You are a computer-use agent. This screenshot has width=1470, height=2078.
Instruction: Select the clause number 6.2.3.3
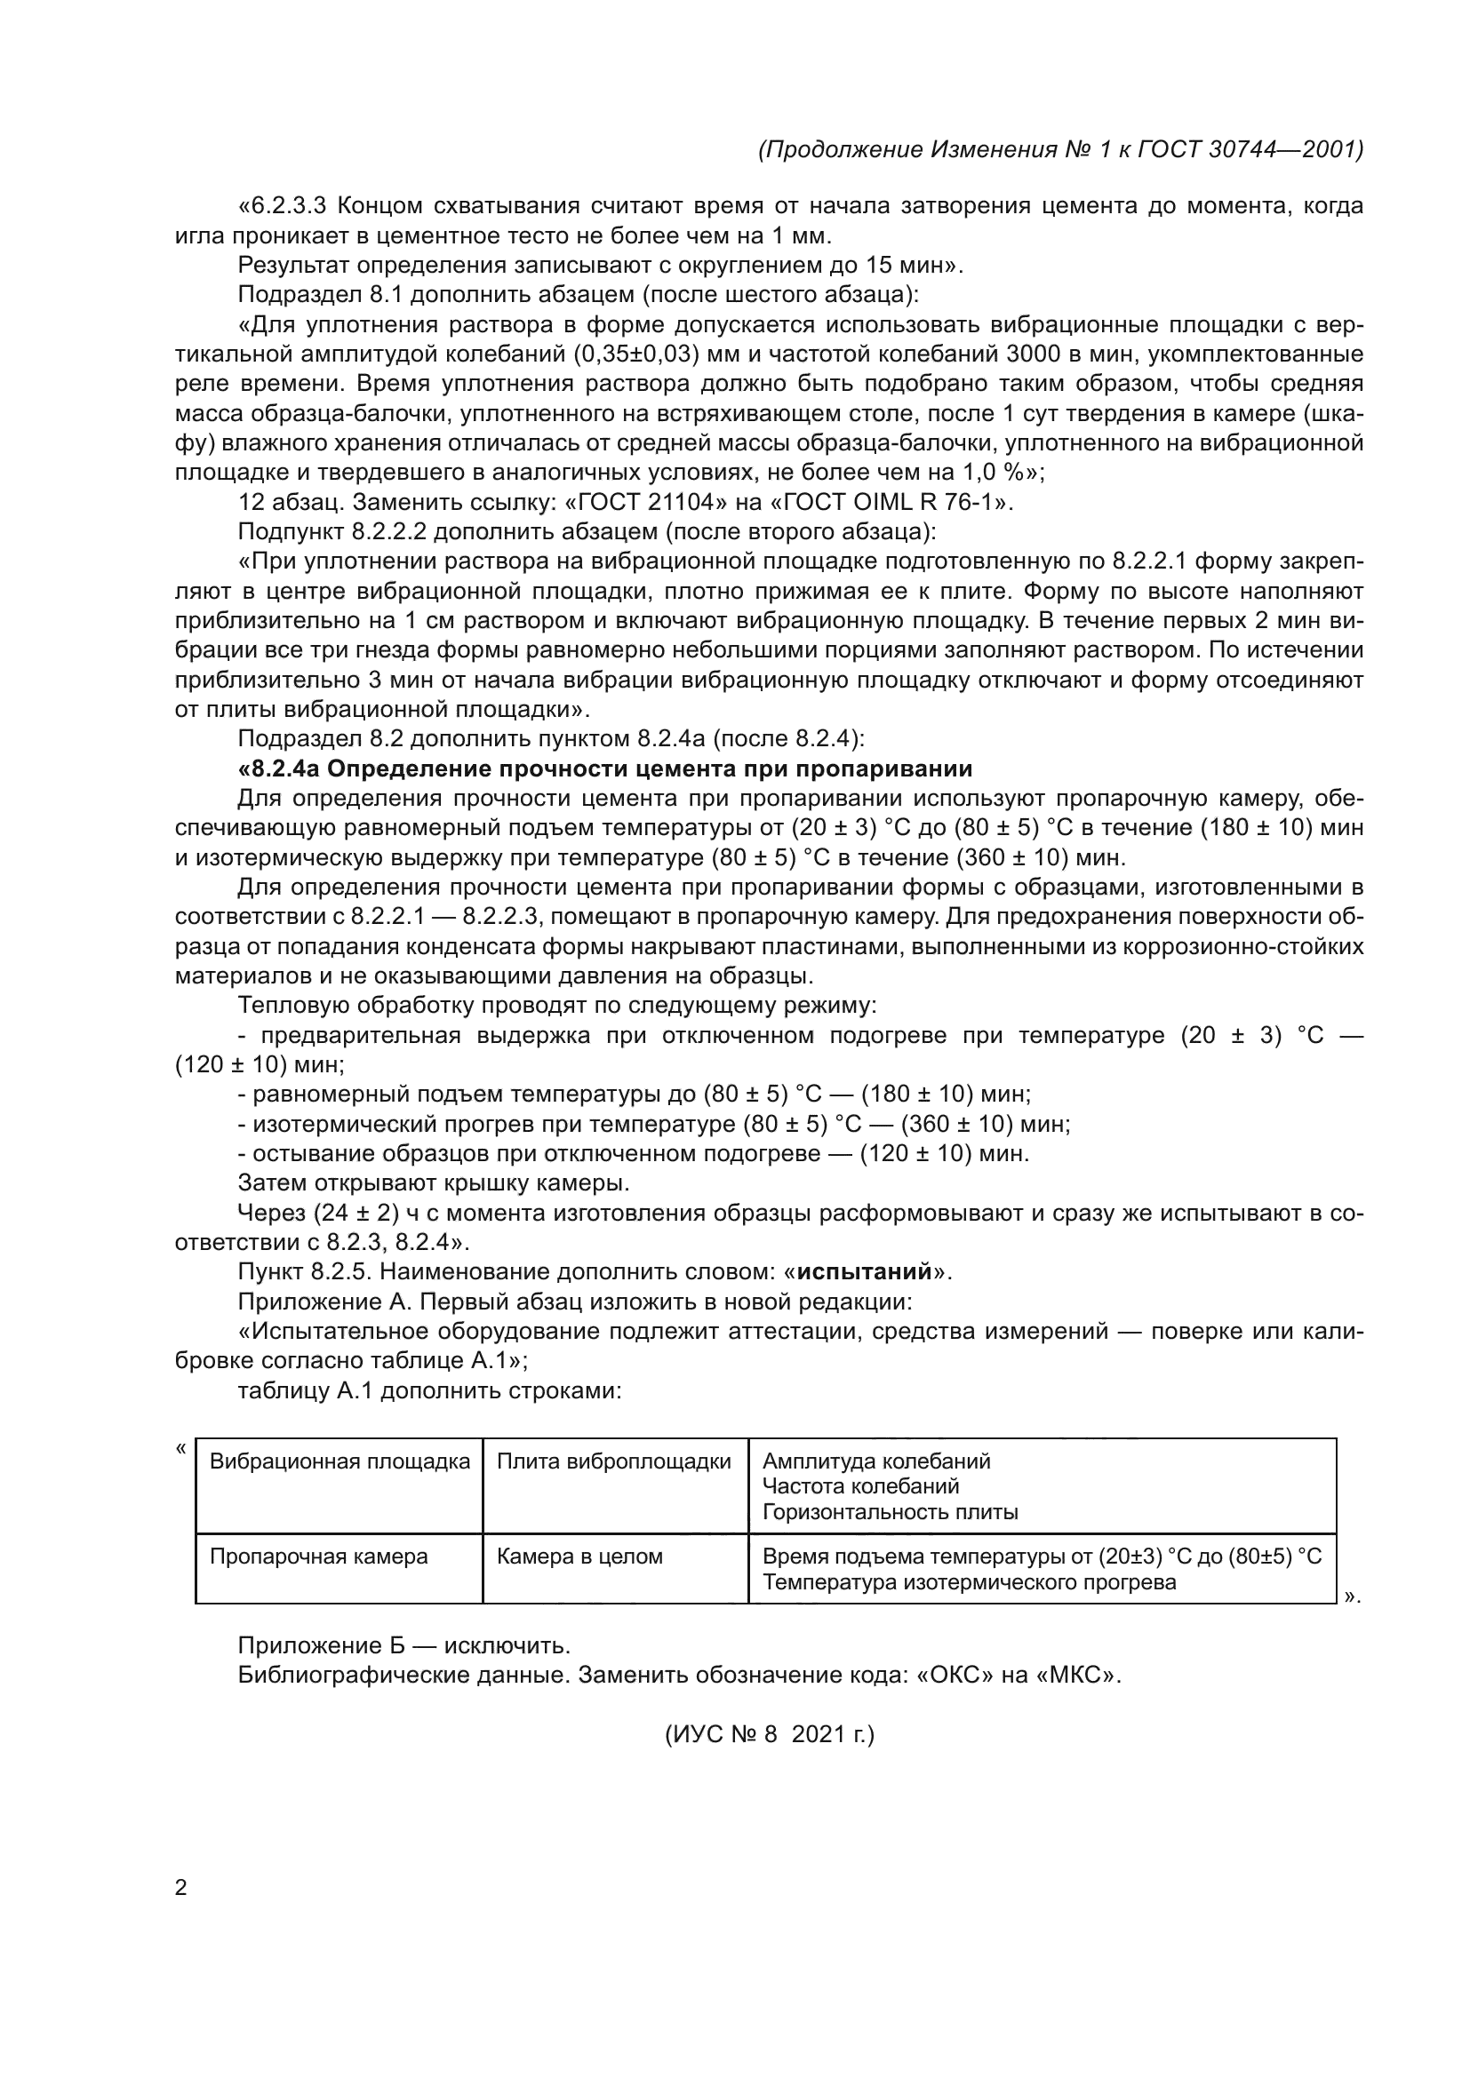click(x=288, y=206)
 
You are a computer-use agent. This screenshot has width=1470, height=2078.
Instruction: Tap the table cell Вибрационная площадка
click(x=340, y=1461)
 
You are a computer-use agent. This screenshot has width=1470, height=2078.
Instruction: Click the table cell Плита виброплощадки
click(x=614, y=1461)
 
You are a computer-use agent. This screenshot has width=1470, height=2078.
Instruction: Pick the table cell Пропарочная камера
click(x=319, y=1556)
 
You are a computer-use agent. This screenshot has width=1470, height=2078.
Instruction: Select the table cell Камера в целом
click(x=579, y=1556)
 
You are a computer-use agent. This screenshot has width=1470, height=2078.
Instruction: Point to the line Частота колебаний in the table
click(x=860, y=1486)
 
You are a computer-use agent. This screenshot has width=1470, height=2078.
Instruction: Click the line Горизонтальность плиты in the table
click(x=890, y=1511)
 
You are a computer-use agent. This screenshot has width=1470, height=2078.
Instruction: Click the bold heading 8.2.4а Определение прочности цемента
click(x=604, y=769)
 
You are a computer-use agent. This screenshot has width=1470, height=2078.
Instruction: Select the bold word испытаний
click(x=865, y=1271)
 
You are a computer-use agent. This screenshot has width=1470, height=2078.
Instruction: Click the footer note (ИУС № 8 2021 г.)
click(x=770, y=1734)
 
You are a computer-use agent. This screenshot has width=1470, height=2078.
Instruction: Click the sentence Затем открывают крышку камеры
click(x=434, y=1182)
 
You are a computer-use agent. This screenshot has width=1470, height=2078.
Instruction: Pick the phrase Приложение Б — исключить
click(x=403, y=1644)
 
